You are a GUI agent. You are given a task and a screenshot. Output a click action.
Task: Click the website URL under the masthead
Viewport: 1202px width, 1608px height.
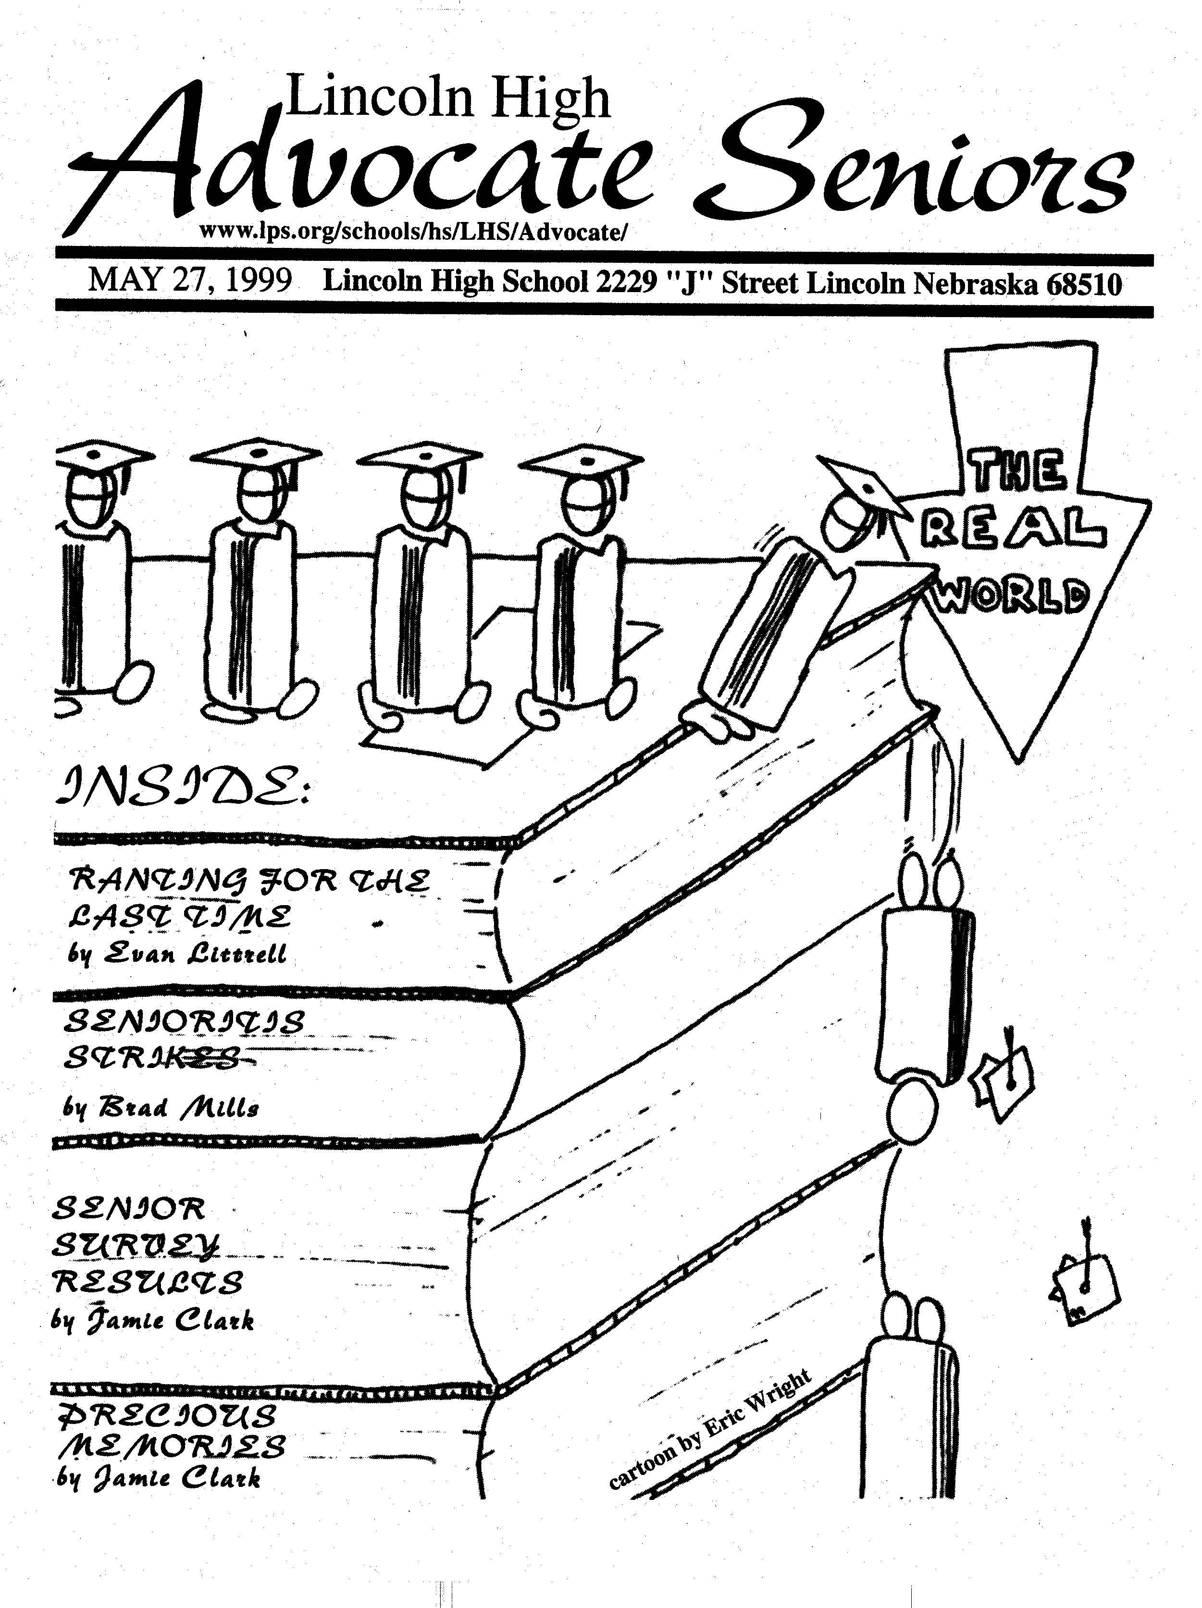[x=411, y=232]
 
